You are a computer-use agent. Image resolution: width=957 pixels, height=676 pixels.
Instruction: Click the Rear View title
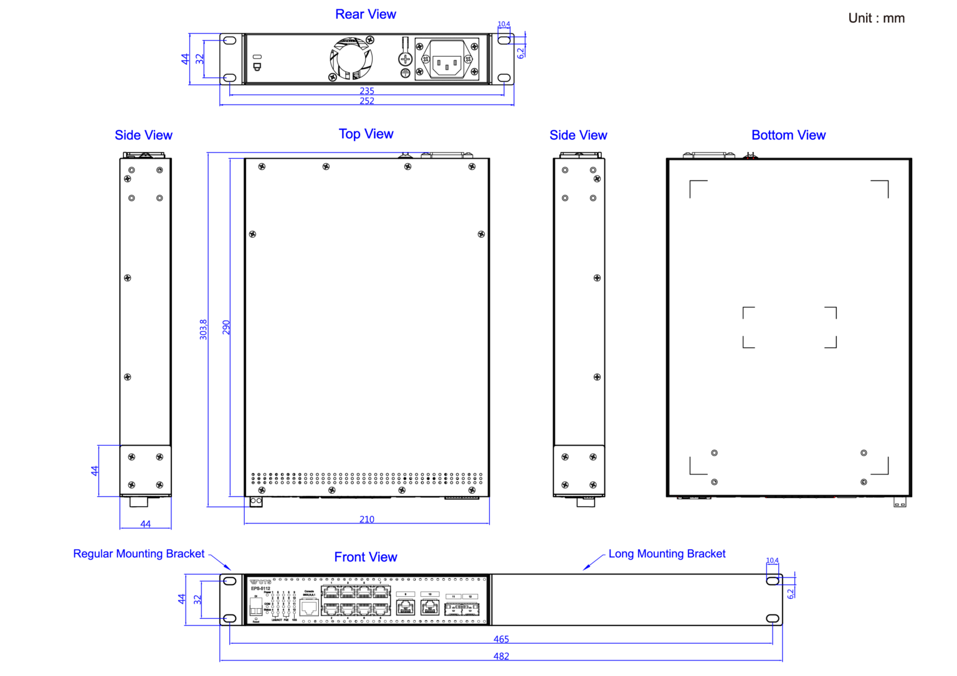click(365, 14)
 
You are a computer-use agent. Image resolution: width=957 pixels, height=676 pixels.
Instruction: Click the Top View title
click(366, 134)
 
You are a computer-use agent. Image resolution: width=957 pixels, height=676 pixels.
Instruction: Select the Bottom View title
click(788, 135)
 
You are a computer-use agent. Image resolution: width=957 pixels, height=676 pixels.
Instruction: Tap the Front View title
click(365, 557)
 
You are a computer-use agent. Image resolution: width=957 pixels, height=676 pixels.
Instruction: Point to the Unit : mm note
click(876, 18)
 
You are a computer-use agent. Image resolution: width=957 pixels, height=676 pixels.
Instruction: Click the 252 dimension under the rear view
click(367, 101)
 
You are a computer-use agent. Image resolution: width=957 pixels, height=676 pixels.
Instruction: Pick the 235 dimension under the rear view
click(367, 91)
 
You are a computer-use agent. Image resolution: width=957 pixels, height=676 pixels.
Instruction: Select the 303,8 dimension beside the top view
click(203, 329)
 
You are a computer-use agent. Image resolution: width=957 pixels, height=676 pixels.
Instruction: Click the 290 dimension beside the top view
click(226, 327)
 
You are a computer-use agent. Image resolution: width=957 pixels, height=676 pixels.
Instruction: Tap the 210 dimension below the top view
click(367, 519)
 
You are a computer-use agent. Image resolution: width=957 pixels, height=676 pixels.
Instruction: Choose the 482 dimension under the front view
click(501, 656)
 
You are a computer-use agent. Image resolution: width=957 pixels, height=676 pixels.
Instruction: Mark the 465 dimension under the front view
click(501, 639)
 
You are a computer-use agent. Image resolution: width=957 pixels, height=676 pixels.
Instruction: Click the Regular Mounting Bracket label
click(138, 554)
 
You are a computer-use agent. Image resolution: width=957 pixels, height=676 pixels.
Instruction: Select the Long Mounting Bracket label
click(667, 554)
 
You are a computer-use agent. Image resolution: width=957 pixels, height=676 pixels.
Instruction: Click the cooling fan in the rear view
click(351, 59)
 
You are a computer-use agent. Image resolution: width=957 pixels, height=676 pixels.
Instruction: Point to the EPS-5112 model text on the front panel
click(260, 588)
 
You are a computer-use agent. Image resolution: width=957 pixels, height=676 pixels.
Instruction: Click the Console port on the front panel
click(309, 607)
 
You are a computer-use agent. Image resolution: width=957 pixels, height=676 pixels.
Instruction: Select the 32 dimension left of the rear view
click(199, 59)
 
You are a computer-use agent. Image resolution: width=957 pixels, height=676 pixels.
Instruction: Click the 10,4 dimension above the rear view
click(503, 24)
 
